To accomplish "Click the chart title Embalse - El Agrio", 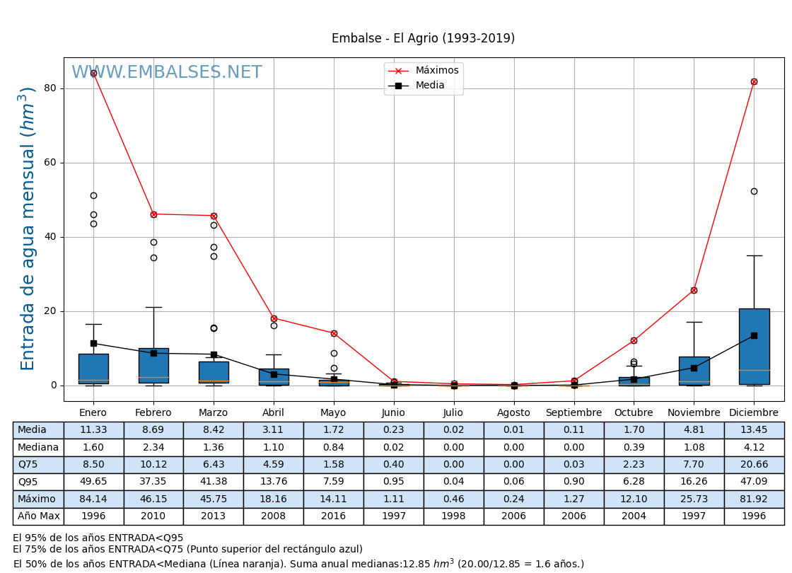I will (423, 39).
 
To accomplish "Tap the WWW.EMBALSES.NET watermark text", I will (167, 73).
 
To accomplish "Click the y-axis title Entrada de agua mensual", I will (28, 228).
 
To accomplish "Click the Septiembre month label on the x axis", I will (573, 413).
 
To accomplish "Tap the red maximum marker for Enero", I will (93, 73).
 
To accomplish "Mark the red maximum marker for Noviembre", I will (694, 290).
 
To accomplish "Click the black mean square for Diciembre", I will (754, 335).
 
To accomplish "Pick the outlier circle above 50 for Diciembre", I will (754, 191).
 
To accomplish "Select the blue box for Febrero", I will (153, 365).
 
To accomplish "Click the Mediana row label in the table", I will (38, 448).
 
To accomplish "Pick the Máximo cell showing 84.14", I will (93, 499).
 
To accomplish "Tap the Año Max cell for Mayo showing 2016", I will (333, 516).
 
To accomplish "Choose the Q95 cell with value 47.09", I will (754, 482).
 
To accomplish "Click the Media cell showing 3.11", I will (274, 430).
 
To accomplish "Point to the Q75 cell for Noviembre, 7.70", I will (694, 465).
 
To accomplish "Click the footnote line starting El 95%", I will (98, 538).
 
